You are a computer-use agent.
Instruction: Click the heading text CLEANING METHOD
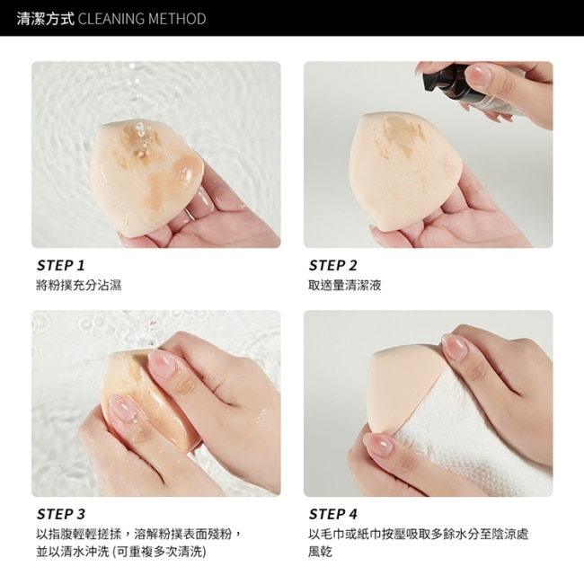[x=142, y=19]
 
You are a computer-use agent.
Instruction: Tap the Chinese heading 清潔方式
[x=46, y=19]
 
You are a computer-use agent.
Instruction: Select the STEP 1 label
[x=61, y=265]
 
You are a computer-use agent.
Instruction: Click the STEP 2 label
[x=333, y=265]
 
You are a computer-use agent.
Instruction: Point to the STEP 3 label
[x=61, y=514]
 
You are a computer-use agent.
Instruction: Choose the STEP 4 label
[x=333, y=514]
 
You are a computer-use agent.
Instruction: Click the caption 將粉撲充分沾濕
[x=79, y=286]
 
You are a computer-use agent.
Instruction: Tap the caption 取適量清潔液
[x=345, y=286]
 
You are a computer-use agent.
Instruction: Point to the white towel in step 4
[x=473, y=439]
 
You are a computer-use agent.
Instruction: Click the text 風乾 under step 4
[x=321, y=552]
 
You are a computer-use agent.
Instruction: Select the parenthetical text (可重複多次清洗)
[x=159, y=552]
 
